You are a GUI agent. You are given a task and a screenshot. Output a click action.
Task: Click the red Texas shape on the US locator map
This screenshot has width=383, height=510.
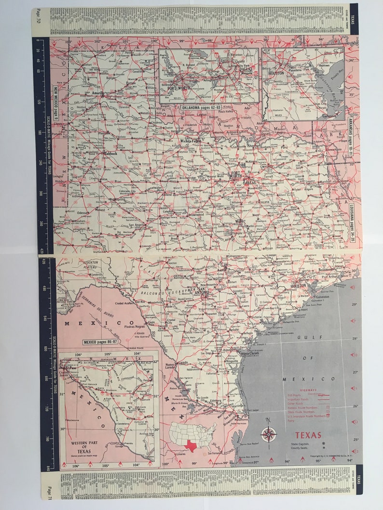[x=191, y=446]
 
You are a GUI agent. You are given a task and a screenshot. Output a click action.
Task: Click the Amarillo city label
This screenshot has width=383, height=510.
[x=99, y=92]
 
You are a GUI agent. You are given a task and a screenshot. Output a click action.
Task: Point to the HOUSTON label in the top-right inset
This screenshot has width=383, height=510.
[x=276, y=73]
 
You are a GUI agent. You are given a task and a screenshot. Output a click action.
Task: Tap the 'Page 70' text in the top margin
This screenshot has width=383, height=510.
[x=39, y=20]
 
